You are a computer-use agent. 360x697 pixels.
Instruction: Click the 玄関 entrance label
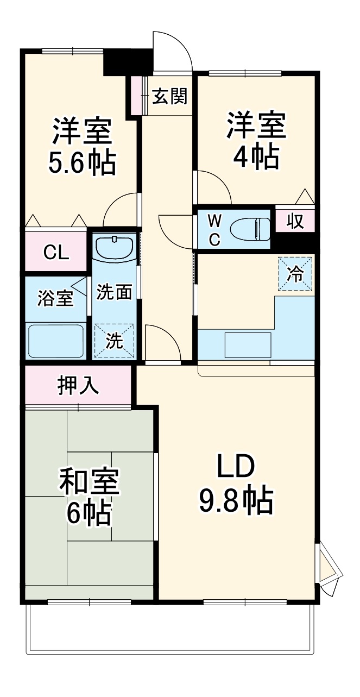[169, 96]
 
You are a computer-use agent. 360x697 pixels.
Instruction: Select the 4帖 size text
[256, 157]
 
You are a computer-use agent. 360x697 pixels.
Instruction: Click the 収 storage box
[295, 221]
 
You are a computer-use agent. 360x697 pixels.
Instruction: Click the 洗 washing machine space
[113, 341]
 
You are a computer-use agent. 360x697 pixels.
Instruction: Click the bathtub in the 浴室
[55, 341]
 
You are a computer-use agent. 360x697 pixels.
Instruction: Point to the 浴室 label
[55, 298]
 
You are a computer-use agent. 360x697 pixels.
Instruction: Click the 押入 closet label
[78, 385]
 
